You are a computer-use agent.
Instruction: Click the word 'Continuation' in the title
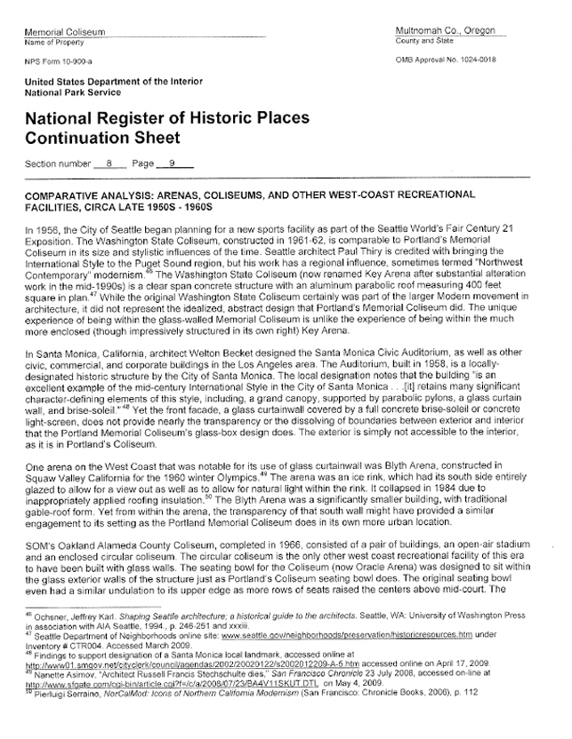tap(77, 138)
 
